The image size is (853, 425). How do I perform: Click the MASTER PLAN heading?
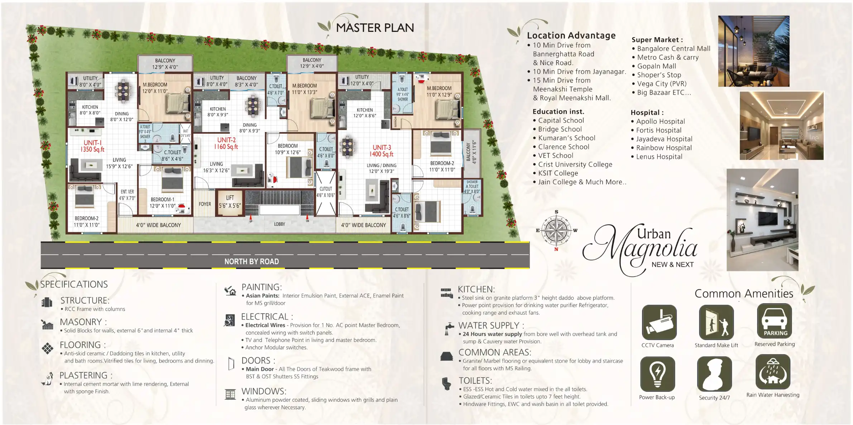coord(374,28)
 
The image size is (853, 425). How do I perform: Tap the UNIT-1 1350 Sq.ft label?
coord(92,146)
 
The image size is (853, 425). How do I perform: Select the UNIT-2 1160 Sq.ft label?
coord(226,143)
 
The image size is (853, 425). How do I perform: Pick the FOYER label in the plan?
coord(205,204)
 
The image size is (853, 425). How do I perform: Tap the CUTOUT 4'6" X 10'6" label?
coord(326,192)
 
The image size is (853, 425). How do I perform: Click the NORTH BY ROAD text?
coord(251,262)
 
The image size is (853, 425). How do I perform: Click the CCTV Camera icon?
coord(659,322)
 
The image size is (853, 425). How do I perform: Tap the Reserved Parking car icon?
coord(774,320)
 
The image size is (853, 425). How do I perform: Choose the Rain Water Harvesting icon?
coord(772,372)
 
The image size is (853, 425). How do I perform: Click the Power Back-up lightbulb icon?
coord(657,373)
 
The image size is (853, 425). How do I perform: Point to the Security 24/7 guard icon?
coord(714,374)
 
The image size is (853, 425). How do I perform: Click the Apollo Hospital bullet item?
coord(660,122)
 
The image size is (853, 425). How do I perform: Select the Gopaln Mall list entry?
coord(656,66)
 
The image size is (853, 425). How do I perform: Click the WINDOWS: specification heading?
coord(264,391)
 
